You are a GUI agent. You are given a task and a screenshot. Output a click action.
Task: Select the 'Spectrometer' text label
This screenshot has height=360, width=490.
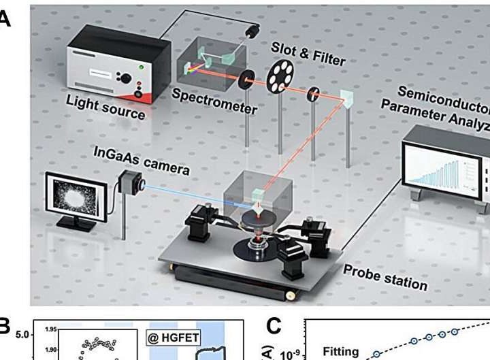point(214,101)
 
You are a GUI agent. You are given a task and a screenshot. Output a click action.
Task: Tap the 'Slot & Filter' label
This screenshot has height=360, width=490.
point(308,53)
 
